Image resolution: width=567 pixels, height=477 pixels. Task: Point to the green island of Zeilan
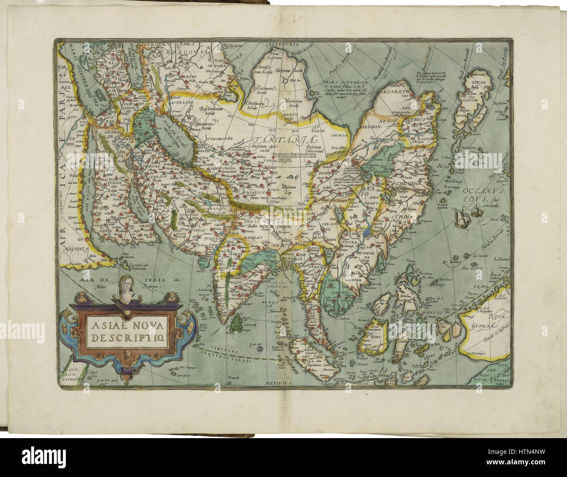coord(237,323)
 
